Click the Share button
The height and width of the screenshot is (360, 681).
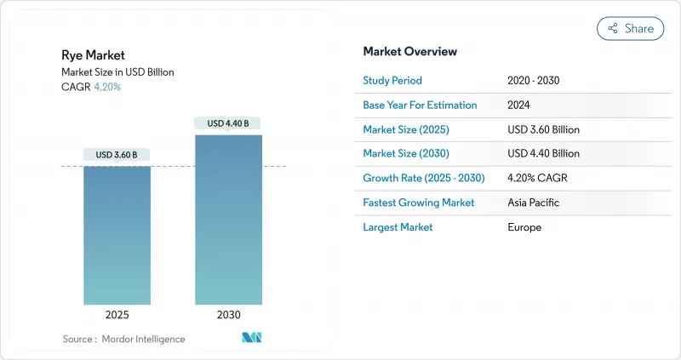coord(630,28)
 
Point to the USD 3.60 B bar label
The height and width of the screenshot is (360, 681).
coord(117,155)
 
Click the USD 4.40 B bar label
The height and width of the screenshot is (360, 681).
coord(228,123)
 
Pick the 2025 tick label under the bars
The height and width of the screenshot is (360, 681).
coord(117,315)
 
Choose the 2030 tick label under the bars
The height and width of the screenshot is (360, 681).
coord(228,315)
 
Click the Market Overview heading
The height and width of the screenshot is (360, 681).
coord(409,52)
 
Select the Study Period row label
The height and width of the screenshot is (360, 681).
coord(392,81)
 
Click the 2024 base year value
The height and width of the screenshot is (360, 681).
coord(520,105)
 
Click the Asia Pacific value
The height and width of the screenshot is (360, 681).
coord(534,203)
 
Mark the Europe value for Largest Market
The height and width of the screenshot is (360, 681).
coord(524,227)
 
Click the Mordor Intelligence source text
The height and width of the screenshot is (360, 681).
coord(142,339)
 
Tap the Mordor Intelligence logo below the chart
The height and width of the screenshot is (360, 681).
coord(252,338)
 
